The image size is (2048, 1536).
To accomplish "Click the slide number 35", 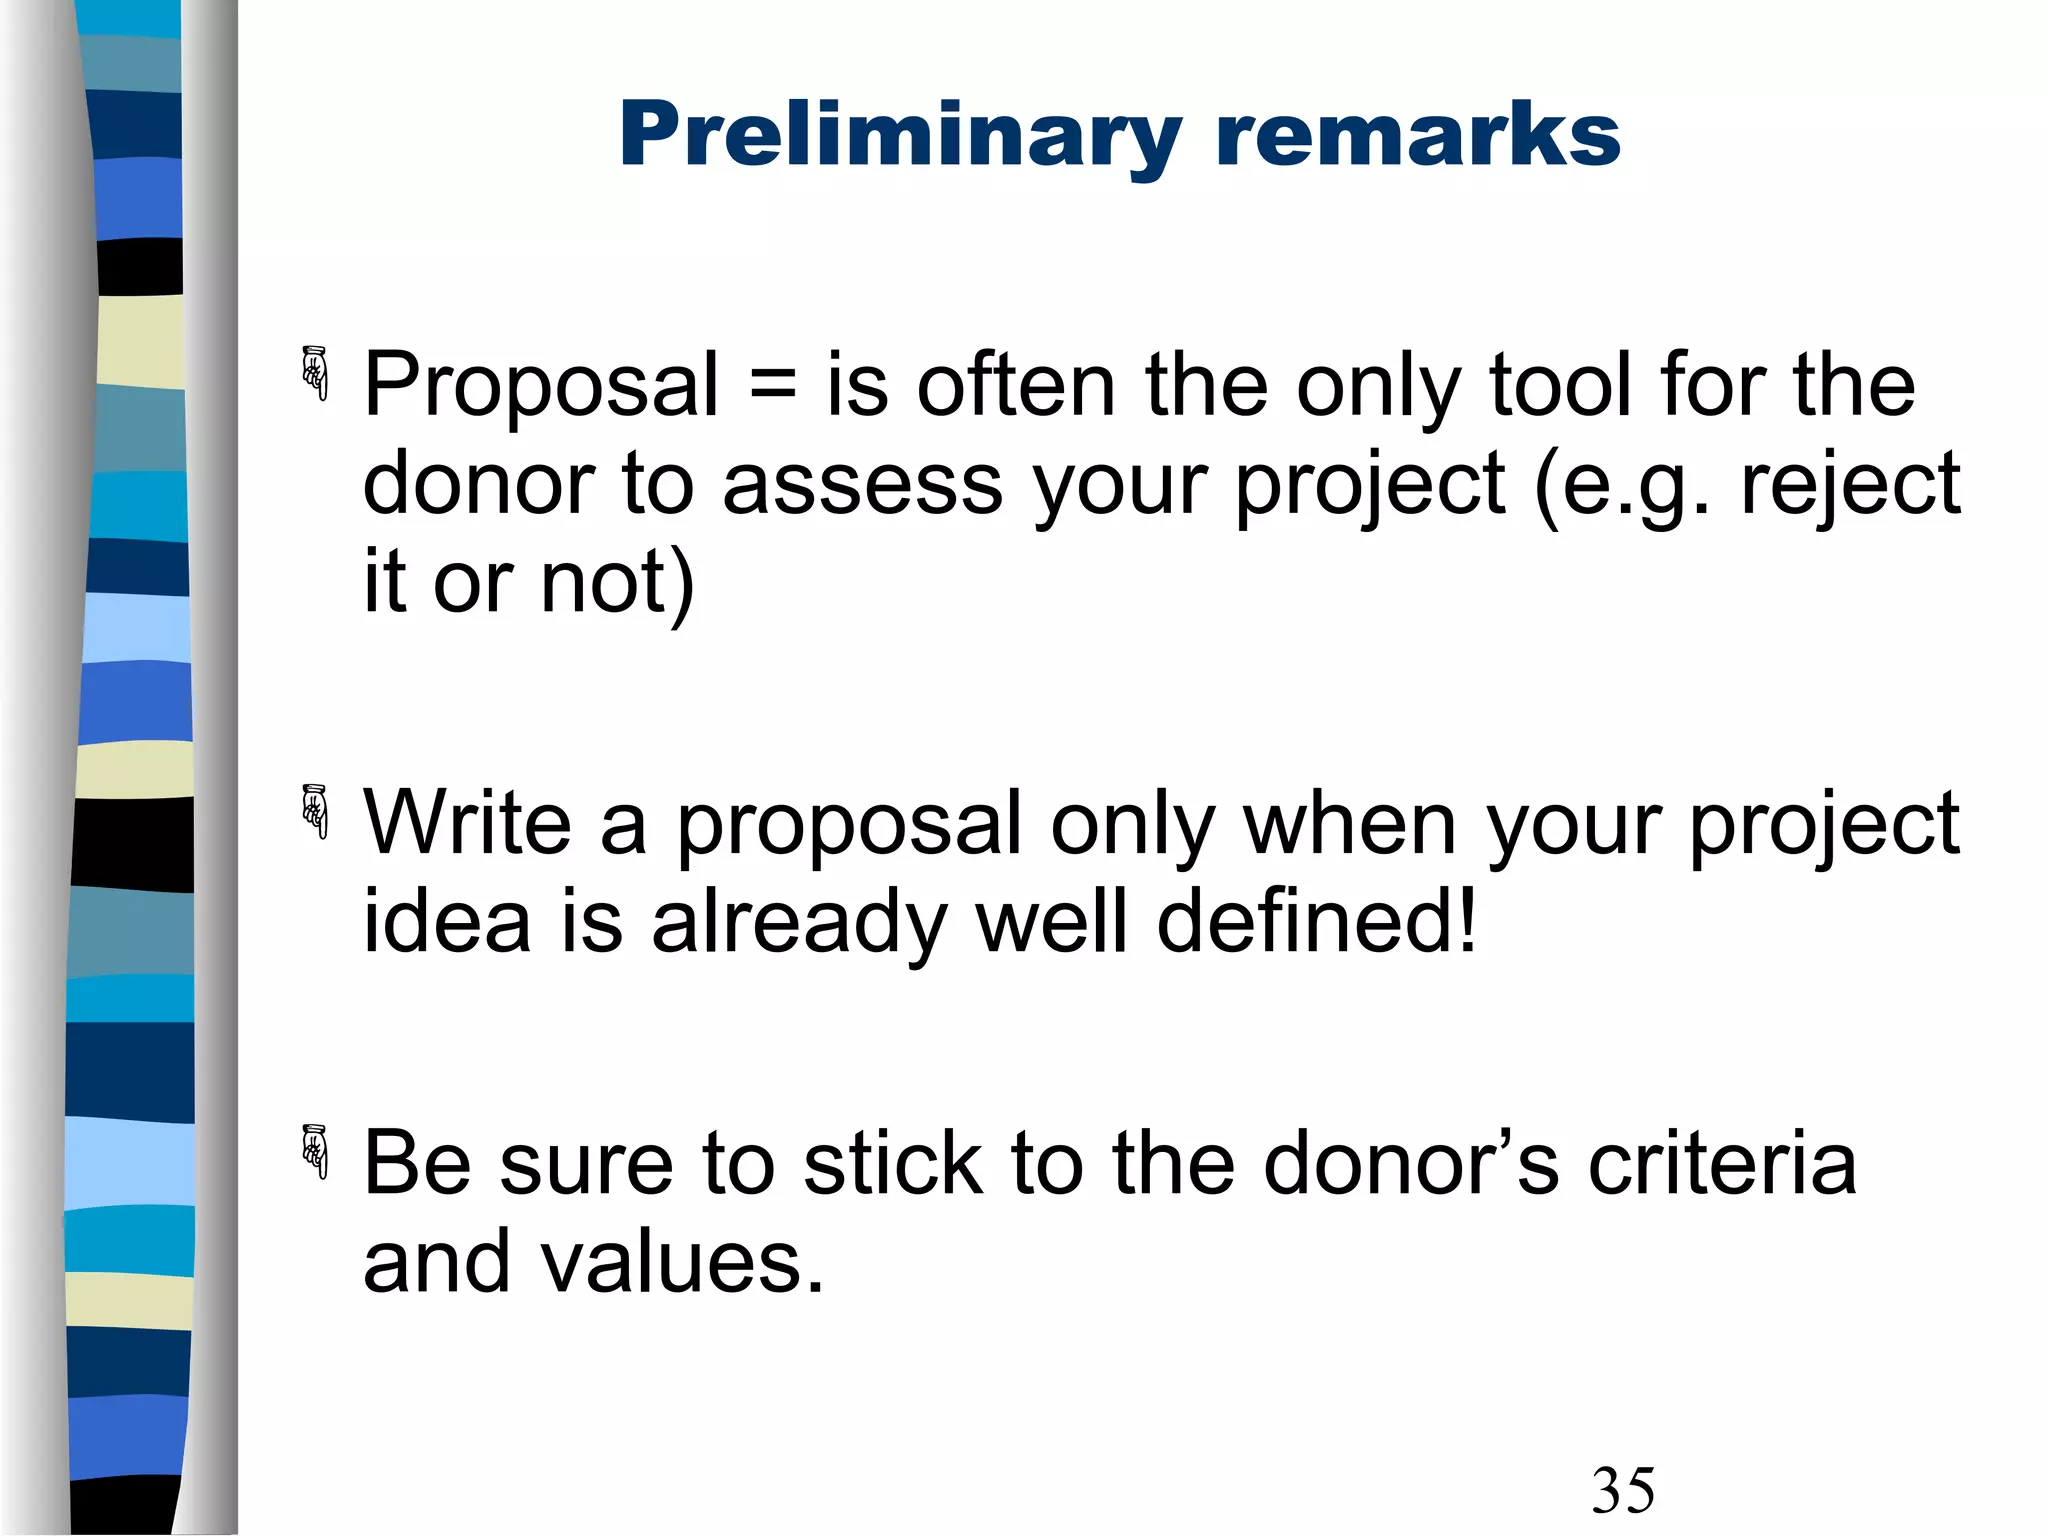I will click(1622, 1490).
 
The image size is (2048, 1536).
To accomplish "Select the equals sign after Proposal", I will click(772, 386).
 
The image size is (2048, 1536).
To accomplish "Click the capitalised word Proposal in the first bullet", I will click(541, 386).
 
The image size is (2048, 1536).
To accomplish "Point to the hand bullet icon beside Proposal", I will click(315, 373).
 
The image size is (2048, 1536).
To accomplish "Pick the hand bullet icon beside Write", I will click(315, 811).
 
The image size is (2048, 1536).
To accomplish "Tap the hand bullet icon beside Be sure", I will click(315, 1151).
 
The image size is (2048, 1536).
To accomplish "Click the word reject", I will click(1850, 486).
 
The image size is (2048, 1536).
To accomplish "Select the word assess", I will click(862, 484).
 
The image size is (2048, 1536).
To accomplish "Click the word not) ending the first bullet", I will click(616, 583).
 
